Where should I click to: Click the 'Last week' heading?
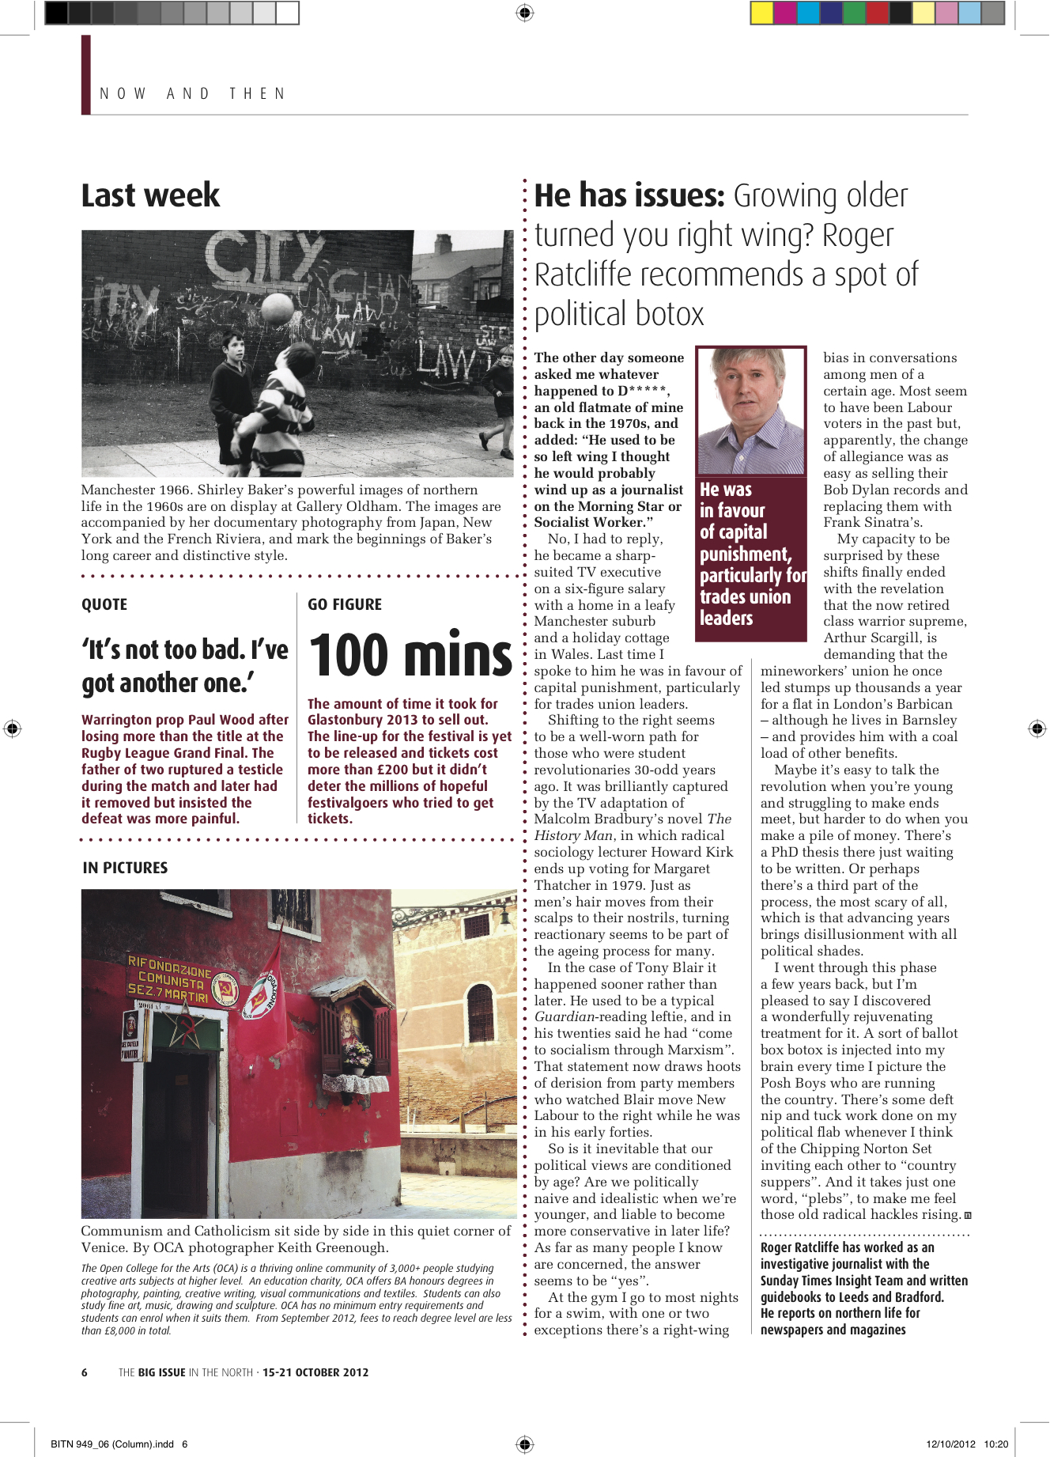click(x=150, y=195)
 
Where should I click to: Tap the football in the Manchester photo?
click(x=276, y=308)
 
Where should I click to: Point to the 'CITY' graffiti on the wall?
click(x=261, y=259)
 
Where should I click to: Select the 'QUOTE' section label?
click(x=104, y=604)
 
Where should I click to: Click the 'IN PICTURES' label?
click(x=125, y=868)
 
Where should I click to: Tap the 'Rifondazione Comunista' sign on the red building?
click(x=169, y=979)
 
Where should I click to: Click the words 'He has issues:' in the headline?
click(x=629, y=195)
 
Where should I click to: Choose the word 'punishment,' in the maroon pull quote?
click(x=745, y=554)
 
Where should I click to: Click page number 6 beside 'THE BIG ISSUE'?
click(x=85, y=1372)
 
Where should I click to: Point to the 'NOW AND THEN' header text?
click(x=192, y=93)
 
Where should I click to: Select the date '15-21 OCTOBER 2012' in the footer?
click(x=315, y=1372)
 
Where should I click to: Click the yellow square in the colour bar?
click(x=761, y=13)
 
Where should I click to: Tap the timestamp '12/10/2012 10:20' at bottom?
click(x=967, y=1444)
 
